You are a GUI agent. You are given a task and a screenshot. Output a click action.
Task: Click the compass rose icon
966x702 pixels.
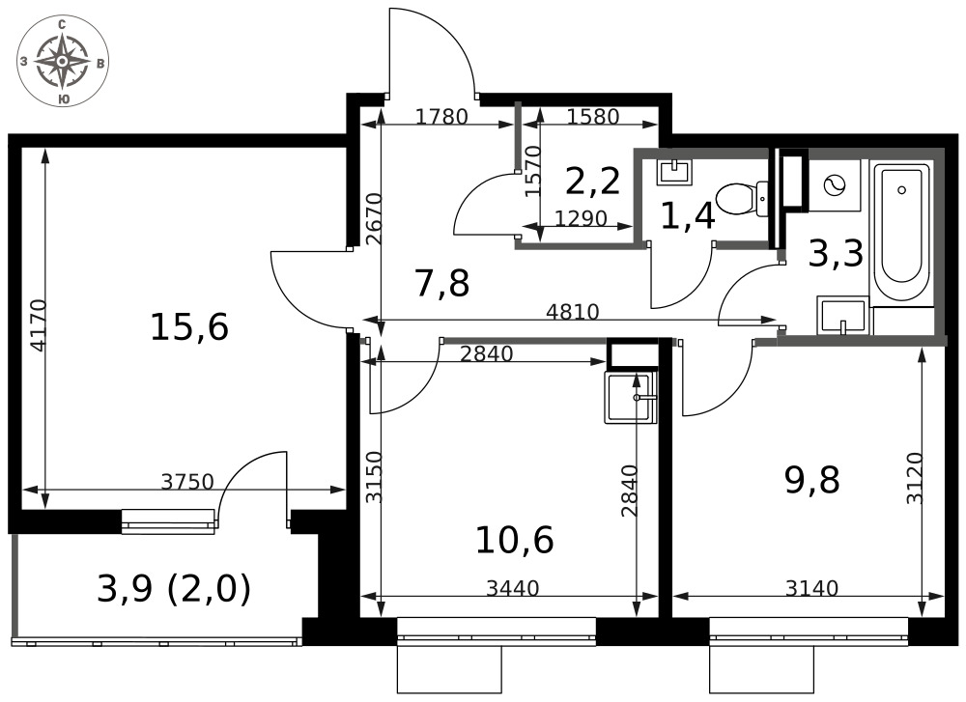coord(62,62)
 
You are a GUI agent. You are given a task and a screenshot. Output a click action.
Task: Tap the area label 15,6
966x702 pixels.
coord(189,327)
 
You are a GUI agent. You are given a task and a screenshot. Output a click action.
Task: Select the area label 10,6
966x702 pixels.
coord(515,540)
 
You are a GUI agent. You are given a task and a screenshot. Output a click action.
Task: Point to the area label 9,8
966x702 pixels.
coord(812,480)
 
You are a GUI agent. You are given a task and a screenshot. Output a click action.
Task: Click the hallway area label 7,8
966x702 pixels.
coord(442,284)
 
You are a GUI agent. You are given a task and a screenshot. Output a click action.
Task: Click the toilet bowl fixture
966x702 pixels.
coord(742,199)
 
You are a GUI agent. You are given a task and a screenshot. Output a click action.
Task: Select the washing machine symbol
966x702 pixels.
coord(835,184)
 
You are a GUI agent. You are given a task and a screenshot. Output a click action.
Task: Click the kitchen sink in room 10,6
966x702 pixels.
coord(630,396)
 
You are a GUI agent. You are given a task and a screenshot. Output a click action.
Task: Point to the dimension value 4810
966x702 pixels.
coord(573,312)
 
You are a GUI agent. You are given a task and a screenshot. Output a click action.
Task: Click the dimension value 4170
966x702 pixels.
coord(38,325)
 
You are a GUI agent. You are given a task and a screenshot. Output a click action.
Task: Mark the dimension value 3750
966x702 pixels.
coord(187,482)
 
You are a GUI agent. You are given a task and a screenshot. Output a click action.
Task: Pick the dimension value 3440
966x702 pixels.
coord(513,589)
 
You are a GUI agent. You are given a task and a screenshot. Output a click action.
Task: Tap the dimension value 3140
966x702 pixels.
coord(812,589)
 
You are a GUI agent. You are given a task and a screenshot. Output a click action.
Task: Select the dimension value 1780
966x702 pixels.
coord(441,117)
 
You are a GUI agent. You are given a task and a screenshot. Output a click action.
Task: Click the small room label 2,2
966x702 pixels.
coord(593,181)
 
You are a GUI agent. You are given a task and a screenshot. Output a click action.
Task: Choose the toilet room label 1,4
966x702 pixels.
coord(688,216)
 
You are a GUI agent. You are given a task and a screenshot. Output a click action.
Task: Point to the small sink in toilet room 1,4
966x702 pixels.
coord(674,171)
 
